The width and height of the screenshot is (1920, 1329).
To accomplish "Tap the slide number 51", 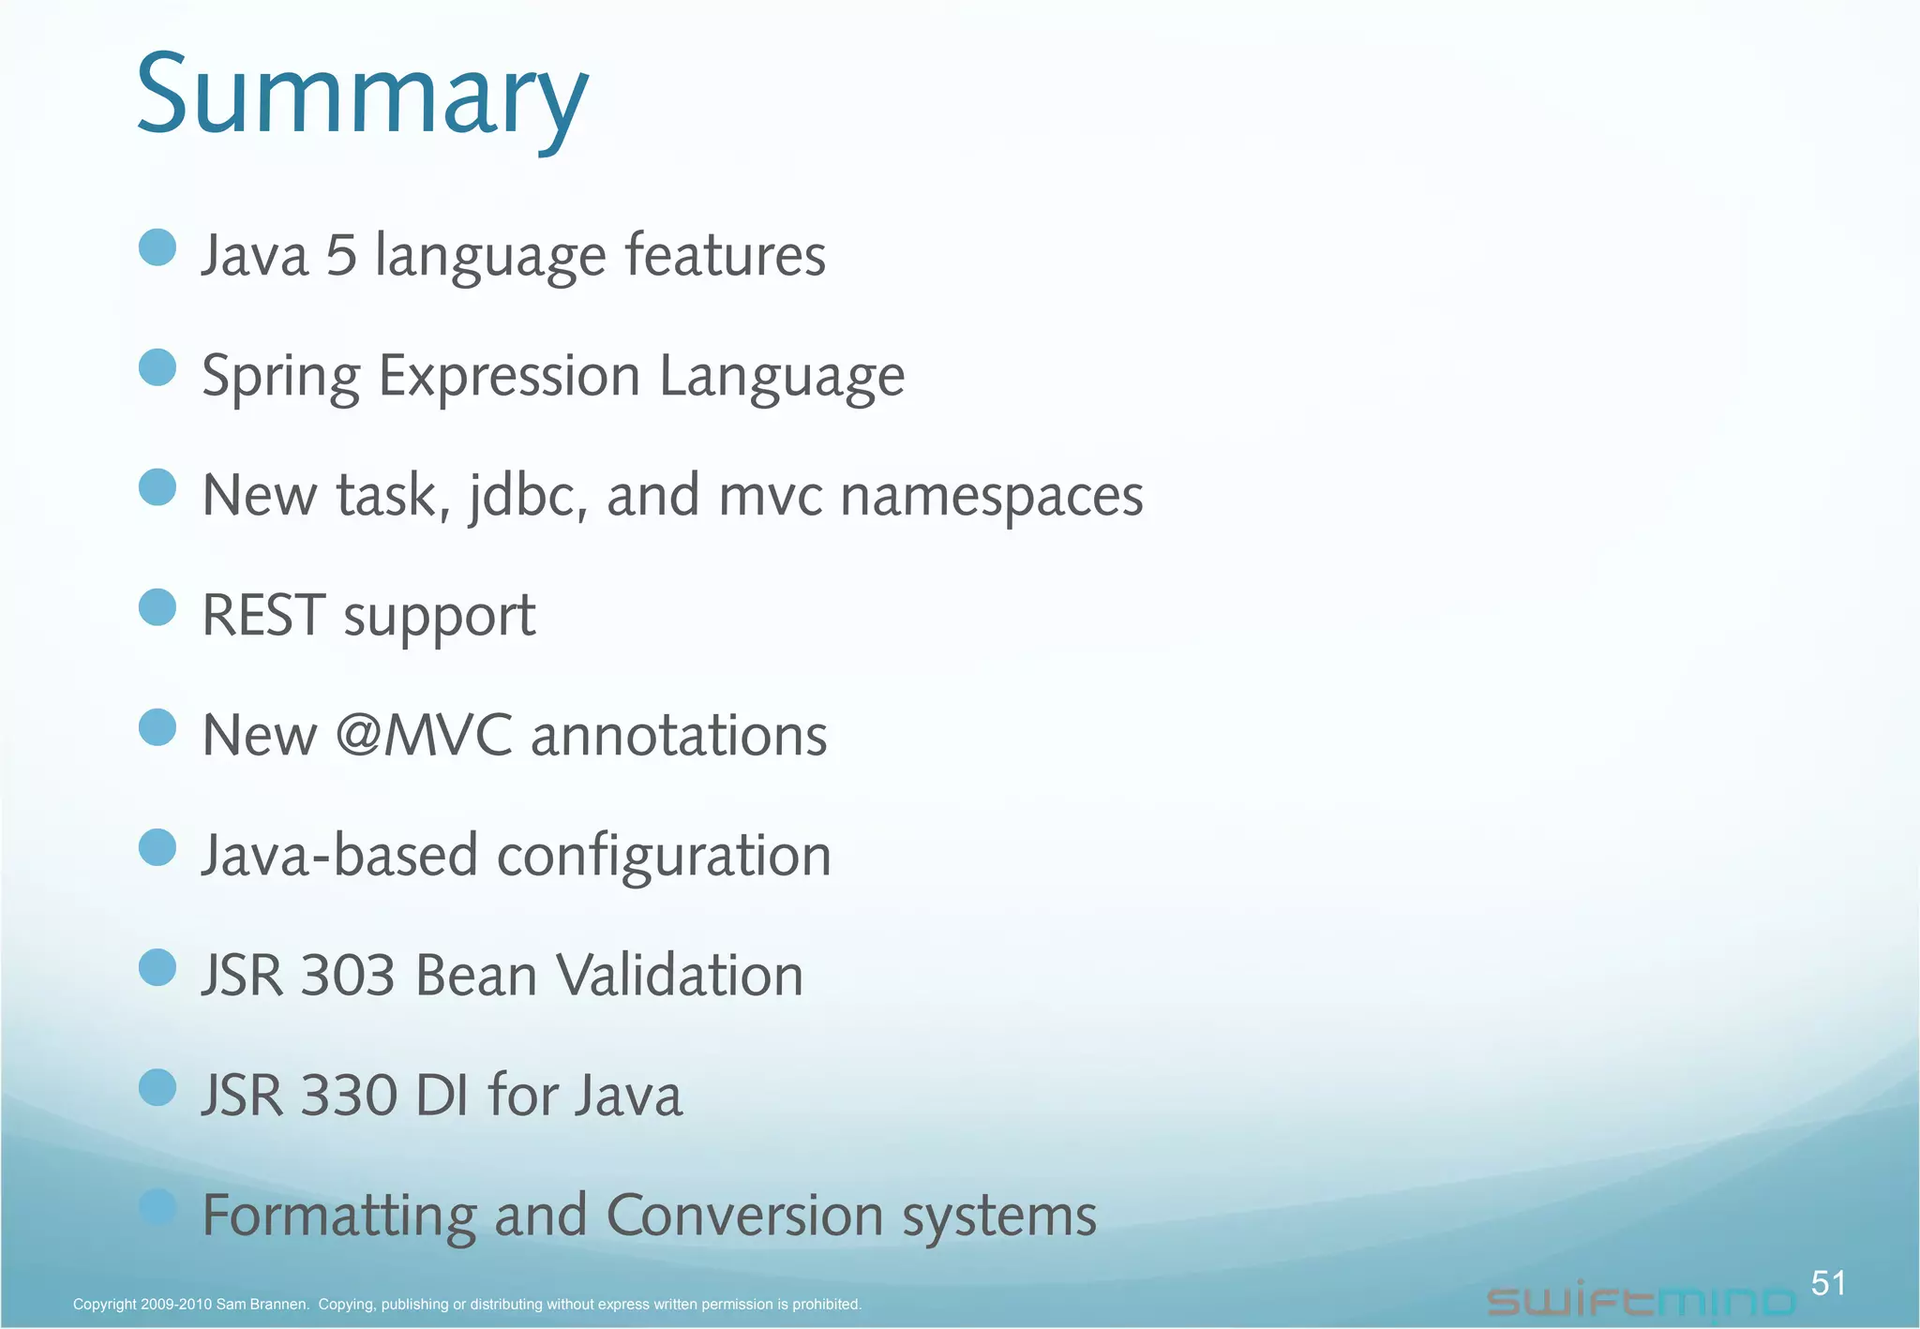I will click(x=1827, y=1282).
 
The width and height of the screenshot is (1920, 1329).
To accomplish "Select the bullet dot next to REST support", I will click(x=157, y=607).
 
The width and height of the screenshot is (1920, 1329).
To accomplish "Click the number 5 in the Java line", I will click(x=341, y=255).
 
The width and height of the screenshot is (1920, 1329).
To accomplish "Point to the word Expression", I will click(x=509, y=376).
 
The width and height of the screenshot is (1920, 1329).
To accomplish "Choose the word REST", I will click(x=263, y=616).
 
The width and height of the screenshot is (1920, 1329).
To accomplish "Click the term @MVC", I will click(x=424, y=735).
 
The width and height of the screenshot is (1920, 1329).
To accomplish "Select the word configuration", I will click(x=664, y=856).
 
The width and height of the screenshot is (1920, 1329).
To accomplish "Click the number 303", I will click(x=348, y=976).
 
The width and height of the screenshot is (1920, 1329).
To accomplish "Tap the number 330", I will click(x=348, y=1096).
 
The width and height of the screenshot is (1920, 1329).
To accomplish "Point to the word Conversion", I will click(x=745, y=1216).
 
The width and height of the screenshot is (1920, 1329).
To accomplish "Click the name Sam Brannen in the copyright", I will click(x=262, y=1305).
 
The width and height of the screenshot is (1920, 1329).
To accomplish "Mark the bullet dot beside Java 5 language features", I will click(x=157, y=248).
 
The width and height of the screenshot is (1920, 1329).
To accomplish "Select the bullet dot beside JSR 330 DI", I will click(x=157, y=1088).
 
